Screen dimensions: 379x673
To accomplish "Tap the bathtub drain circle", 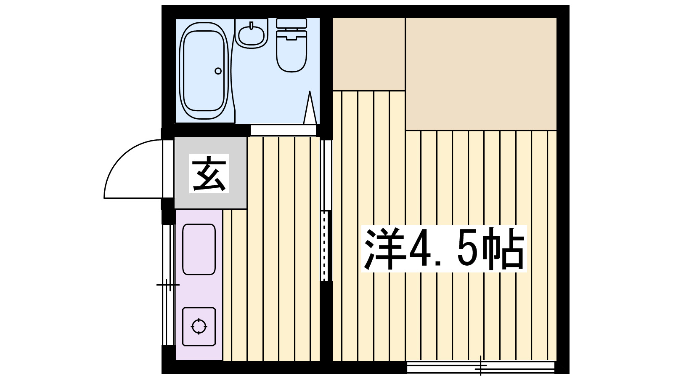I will [x=218, y=71].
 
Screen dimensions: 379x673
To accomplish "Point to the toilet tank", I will [x=291, y=23].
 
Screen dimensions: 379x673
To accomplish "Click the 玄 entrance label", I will [x=209, y=173].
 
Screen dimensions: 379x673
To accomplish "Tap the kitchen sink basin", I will [x=199, y=249].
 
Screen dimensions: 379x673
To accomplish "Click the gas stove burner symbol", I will [x=199, y=326].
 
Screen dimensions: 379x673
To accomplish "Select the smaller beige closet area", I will [x=368, y=54].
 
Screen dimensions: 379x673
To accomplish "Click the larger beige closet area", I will [x=481, y=74].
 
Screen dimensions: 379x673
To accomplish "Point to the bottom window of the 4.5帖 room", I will [x=480, y=367].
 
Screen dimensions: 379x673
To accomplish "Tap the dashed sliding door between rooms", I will [x=324, y=246].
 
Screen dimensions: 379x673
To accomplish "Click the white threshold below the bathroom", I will [x=283, y=130].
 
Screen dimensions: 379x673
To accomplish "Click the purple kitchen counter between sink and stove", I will [x=199, y=291].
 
